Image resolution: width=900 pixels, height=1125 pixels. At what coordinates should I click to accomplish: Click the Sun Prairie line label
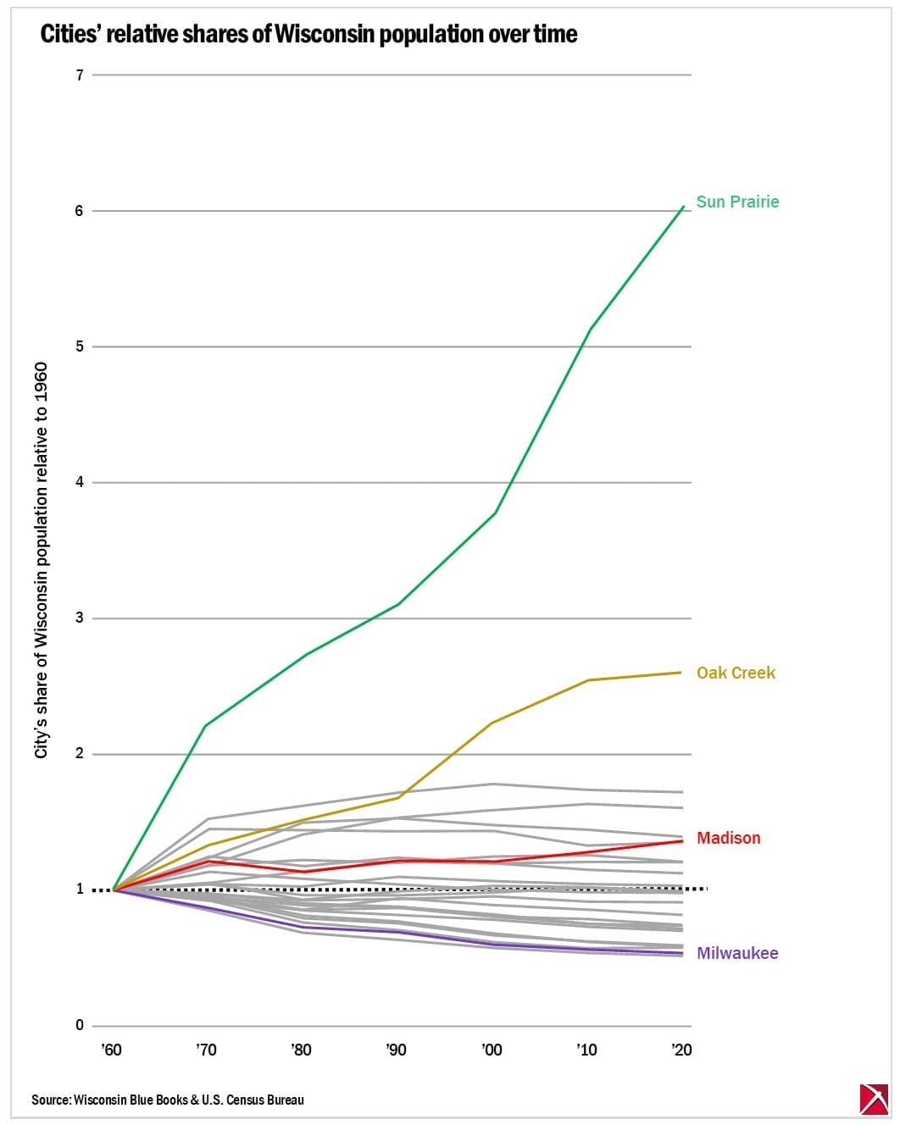[737, 202]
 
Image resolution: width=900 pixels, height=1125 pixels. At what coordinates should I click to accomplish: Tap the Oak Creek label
[736, 673]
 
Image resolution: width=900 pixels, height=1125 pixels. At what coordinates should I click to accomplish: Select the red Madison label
[728, 838]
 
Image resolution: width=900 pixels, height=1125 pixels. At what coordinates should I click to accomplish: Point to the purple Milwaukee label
[736, 953]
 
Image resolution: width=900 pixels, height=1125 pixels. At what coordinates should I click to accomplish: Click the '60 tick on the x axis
[111, 1050]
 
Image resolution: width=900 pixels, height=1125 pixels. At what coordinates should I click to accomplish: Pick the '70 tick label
[206, 1050]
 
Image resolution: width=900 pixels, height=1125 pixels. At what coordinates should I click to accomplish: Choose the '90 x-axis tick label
[396, 1050]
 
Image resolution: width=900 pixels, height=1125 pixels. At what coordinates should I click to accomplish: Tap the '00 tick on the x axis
[492, 1050]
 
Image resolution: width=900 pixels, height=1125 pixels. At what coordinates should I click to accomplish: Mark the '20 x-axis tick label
[681, 1050]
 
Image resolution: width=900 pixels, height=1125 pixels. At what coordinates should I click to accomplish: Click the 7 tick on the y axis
[80, 75]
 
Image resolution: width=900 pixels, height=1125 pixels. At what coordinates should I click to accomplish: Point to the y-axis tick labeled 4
[80, 483]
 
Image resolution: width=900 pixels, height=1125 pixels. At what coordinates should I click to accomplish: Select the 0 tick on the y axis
[80, 1026]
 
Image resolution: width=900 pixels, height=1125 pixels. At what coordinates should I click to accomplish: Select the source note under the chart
[168, 1100]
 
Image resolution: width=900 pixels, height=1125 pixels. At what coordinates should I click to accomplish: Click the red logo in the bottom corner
[874, 1099]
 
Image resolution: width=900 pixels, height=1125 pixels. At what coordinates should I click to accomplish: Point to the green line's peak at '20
[683, 207]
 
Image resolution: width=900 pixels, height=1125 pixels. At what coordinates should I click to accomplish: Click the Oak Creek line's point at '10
[588, 680]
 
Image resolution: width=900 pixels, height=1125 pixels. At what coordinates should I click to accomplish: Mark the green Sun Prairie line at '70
[206, 726]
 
